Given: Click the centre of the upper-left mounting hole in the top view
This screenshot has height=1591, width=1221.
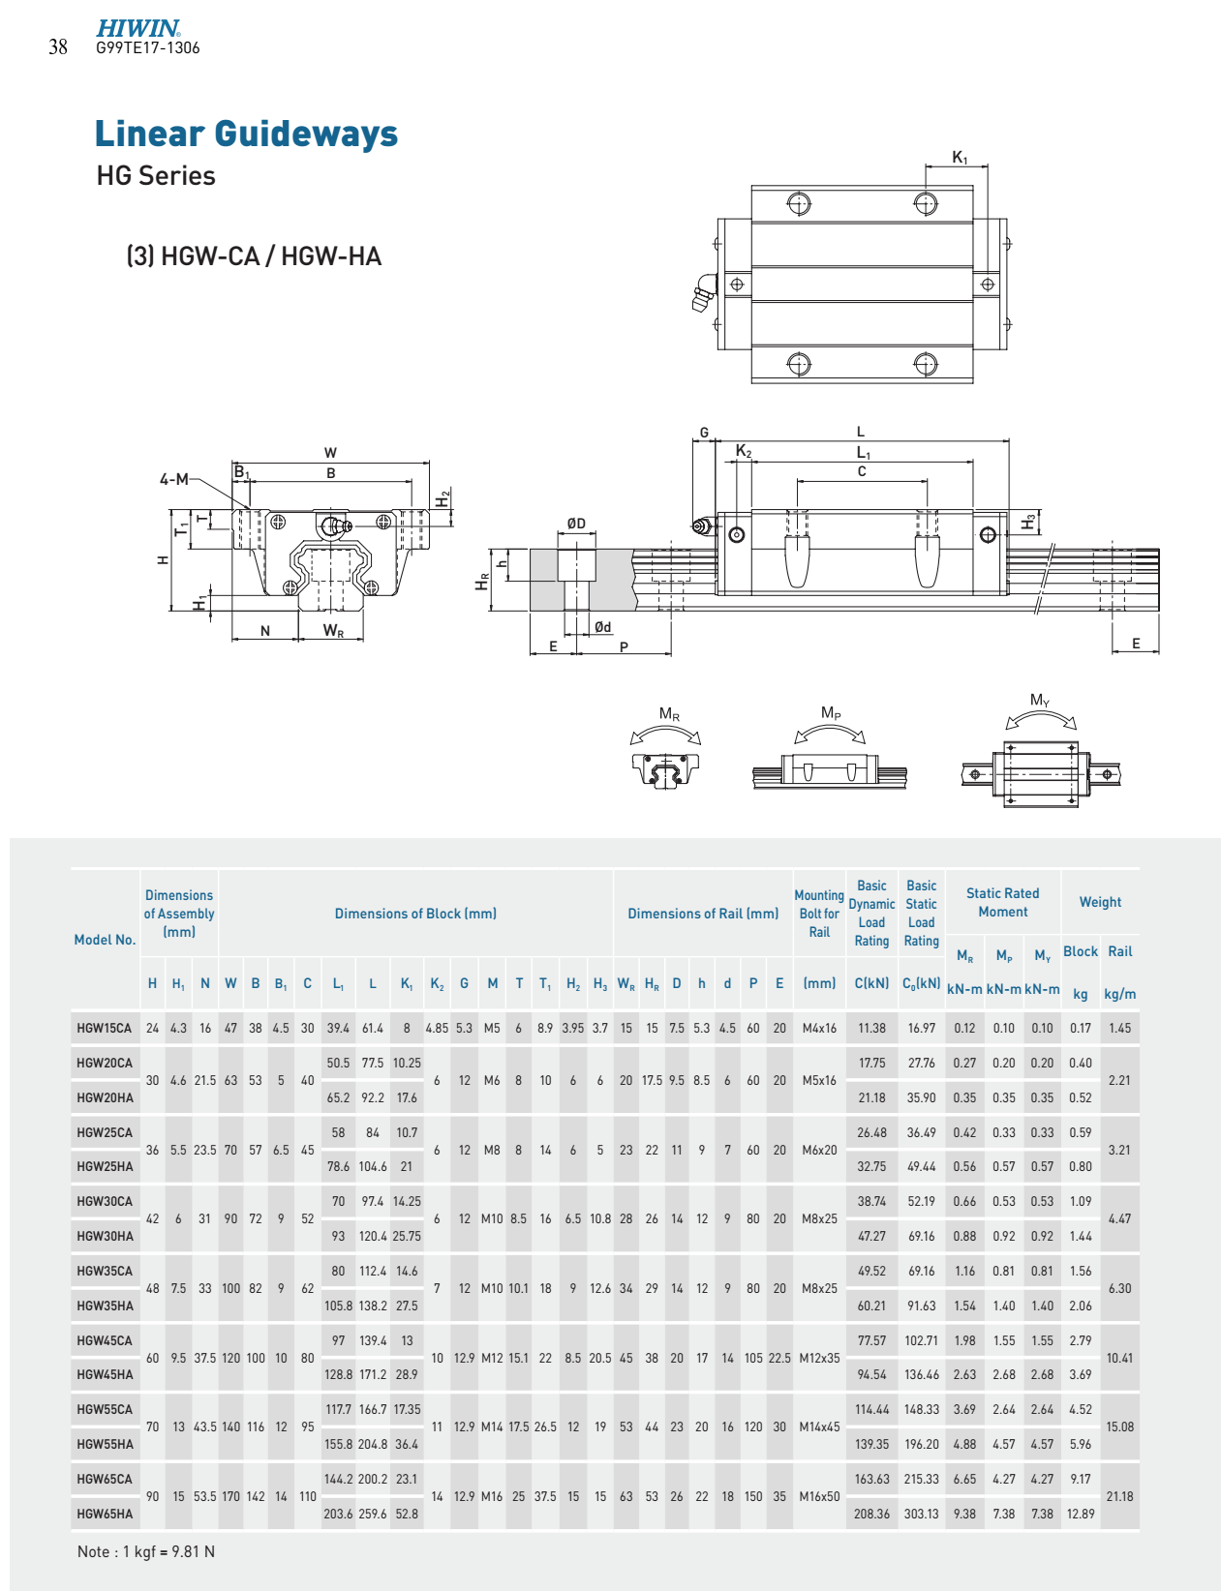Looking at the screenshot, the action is [798, 203].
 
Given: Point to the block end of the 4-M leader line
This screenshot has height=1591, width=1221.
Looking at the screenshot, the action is [249, 509].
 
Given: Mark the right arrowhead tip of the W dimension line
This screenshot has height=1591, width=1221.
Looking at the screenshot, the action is [429, 463].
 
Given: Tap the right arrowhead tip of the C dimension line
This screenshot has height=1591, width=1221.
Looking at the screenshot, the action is [928, 481].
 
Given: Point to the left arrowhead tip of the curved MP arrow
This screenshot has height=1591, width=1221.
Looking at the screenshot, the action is [796, 743].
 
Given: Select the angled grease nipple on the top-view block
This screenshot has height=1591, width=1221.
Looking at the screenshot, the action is [703, 293].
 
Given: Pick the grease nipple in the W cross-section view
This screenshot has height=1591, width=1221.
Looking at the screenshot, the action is [335, 525].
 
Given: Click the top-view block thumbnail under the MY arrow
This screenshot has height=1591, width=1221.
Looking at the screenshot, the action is [1040, 774].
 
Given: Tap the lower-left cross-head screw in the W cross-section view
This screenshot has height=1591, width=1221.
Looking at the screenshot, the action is [290, 586].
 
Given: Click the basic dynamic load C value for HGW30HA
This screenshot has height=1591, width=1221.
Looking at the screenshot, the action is [871, 1236].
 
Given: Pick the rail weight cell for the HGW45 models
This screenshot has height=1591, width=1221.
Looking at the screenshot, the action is [1119, 1358].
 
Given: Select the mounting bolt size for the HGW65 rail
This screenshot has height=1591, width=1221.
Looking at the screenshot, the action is [819, 1496].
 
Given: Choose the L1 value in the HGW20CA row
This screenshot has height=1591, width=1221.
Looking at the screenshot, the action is [338, 1063].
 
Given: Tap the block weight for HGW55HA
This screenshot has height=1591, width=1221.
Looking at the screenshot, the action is [1081, 1444].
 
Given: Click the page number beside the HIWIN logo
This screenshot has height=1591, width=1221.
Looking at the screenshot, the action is [58, 47].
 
